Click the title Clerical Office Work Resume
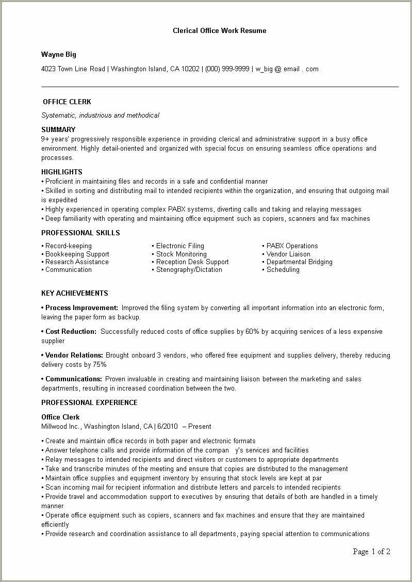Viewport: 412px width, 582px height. point(219,30)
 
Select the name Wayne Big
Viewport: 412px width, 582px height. point(59,54)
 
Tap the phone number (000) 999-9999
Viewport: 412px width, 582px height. point(227,69)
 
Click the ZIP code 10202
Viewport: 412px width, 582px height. point(190,69)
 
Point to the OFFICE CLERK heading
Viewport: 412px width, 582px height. point(67,102)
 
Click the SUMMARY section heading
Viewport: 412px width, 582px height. point(58,130)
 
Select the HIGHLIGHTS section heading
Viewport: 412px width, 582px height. point(62,172)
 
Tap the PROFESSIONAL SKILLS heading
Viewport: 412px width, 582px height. point(80,233)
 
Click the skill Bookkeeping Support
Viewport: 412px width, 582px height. point(77,254)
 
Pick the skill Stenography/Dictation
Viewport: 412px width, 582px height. point(189,269)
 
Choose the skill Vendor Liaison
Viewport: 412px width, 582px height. point(288,254)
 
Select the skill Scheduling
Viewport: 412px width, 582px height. point(283,269)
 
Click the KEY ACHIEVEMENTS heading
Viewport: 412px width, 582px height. point(75,293)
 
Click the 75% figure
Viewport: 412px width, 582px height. point(100,364)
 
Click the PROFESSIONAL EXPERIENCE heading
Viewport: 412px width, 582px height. point(89,402)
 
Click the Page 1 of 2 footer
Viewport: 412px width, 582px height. point(371,552)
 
